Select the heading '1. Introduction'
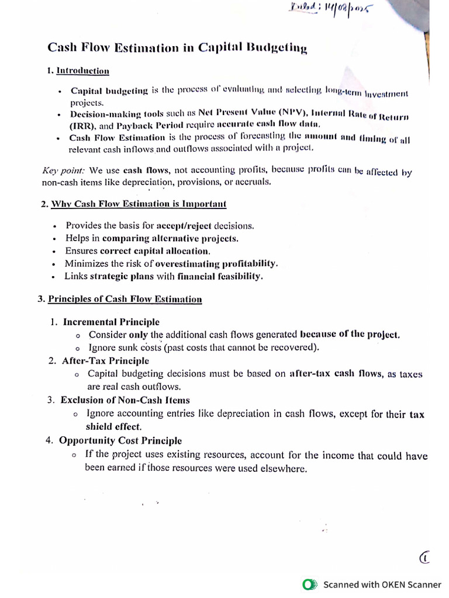click(x=78, y=71)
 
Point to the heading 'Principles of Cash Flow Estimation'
click(x=125, y=299)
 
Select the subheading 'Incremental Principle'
click(x=111, y=322)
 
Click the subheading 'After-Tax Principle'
click(x=105, y=361)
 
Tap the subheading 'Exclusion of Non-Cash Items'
click(x=125, y=400)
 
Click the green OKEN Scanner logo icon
click(x=309, y=584)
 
